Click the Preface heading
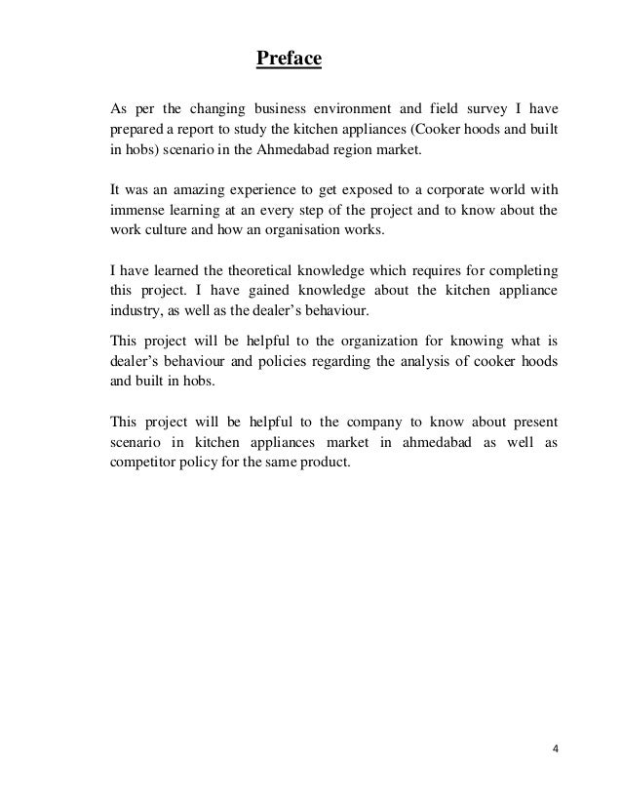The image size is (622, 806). click(x=289, y=61)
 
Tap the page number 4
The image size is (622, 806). click(x=555, y=749)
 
